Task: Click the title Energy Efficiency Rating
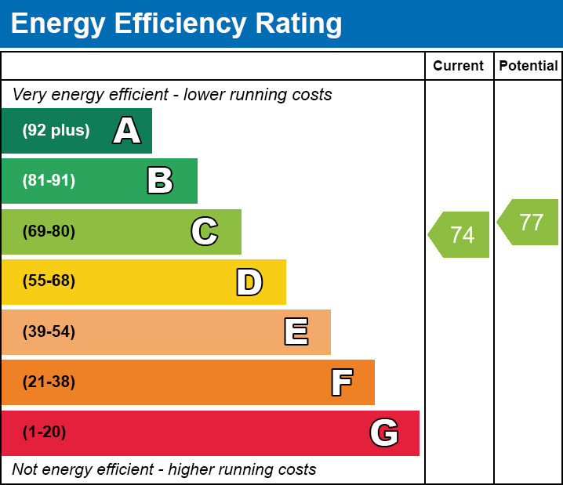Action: (176, 24)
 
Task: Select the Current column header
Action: (459, 66)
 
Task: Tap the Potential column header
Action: (528, 66)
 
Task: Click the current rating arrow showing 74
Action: (460, 234)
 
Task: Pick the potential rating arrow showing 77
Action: (529, 223)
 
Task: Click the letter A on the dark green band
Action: (127, 131)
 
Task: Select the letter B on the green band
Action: (160, 181)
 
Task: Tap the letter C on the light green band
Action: (205, 231)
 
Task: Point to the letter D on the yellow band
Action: (249, 282)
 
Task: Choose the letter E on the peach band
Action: (296, 332)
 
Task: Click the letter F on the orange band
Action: (341, 382)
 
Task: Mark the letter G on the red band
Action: (384, 433)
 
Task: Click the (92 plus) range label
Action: (56, 131)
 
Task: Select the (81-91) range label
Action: (49, 181)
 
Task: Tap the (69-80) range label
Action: (49, 231)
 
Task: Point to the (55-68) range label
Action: (49, 281)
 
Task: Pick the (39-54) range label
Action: (49, 332)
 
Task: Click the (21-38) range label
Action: (49, 382)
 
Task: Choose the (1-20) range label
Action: (44, 433)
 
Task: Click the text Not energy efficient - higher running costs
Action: (164, 469)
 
